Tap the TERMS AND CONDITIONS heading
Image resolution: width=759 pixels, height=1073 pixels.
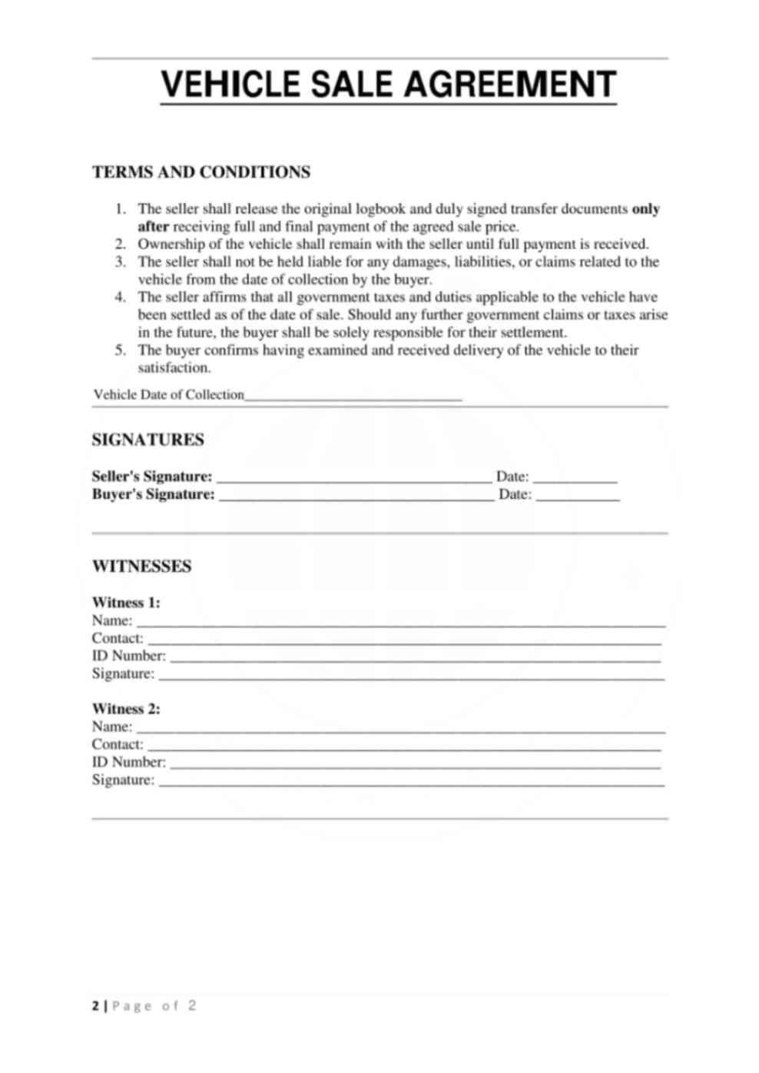pos(201,172)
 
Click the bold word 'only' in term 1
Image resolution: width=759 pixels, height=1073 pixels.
pos(645,209)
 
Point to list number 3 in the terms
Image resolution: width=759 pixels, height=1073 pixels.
pos(120,262)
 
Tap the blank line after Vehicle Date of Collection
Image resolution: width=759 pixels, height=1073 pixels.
pos(353,397)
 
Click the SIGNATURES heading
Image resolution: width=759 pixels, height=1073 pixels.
pos(148,440)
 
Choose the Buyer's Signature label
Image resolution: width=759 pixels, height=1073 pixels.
pos(153,495)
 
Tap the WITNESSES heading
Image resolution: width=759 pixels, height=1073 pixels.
pos(142,566)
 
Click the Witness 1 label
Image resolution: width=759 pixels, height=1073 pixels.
pos(126,603)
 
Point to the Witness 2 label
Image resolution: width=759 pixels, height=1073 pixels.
pos(126,709)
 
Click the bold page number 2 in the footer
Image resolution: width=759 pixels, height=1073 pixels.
pos(95,1006)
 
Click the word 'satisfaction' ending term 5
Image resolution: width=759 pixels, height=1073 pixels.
pos(174,368)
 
